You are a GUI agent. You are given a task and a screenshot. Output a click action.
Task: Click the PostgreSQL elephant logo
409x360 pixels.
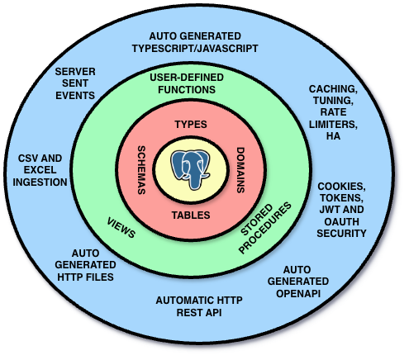coord(191,168)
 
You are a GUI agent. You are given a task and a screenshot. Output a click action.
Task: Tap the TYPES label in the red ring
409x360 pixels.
coord(191,124)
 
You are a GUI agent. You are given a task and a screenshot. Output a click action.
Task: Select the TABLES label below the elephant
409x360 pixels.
coord(191,215)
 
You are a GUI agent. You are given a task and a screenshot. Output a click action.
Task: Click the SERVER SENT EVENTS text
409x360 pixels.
coord(74,83)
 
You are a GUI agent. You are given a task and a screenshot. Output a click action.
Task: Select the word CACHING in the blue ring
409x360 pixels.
coord(332,88)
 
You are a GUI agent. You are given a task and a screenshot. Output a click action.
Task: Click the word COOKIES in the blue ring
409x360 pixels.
coord(341,187)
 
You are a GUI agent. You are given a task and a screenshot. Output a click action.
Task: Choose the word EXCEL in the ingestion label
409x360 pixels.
coord(40,169)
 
